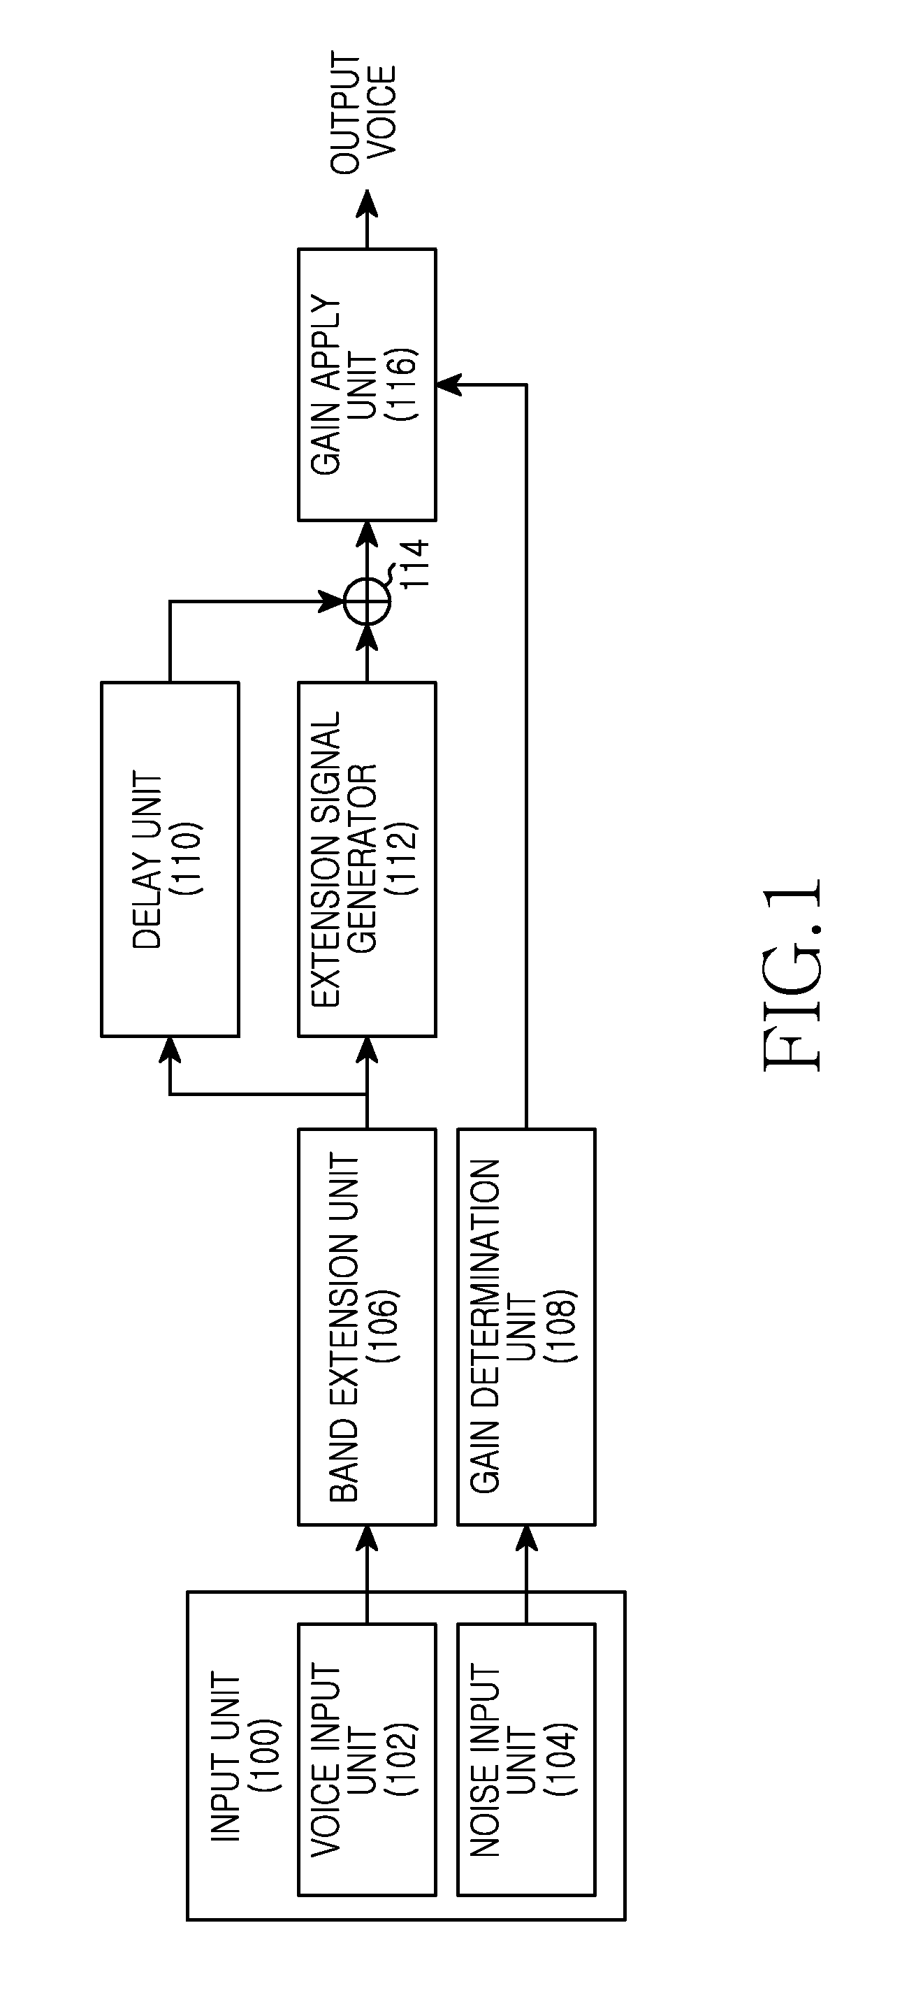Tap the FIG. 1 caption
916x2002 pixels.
(792, 974)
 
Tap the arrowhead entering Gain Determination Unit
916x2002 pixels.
(526, 1538)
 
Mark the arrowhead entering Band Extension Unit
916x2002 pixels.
(367, 1538)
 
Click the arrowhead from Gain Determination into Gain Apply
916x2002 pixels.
(449, 384)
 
